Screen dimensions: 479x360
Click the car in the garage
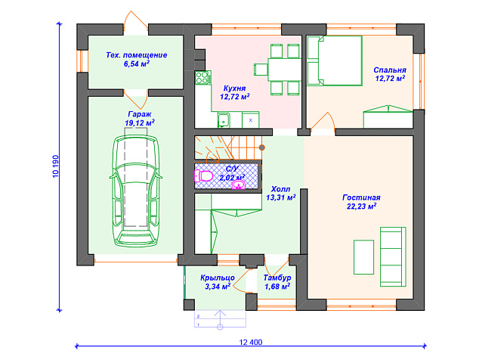click(x=136, y=191)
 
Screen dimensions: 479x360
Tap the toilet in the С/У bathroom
click(x=204, y=176)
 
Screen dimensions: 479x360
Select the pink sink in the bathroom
click(x=238, y=185)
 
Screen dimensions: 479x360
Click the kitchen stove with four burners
click(x=202, y=77)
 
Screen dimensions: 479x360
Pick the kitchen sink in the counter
click(x=224, y=119)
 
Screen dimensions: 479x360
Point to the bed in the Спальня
click(x=335, y=61)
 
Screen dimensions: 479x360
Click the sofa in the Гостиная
click(x=393, y=256)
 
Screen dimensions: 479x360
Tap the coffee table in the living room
click(x=363, y=257)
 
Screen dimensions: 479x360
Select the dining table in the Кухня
click(x=284, y=70)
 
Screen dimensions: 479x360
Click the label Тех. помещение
click(x=137, y=55)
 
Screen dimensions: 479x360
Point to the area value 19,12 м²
click(x=140, y=123)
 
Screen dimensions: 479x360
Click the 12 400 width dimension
click(x=251, y=342)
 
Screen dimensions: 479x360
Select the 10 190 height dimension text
click(x=55, y=166)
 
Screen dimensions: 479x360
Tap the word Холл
click(x=280, y=189)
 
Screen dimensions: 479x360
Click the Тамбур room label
click(x=277, y=278)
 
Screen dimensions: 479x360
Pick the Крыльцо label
click(x=218, y=278)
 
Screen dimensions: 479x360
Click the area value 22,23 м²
click(x=361, y=206)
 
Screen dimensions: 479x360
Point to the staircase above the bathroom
click(x=228, y=147)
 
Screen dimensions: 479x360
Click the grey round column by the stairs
click(x=262, y=147)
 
